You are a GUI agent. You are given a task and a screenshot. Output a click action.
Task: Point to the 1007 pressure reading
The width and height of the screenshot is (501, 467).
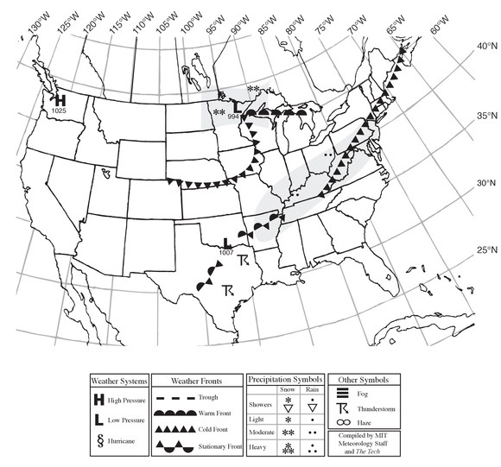[226, 252]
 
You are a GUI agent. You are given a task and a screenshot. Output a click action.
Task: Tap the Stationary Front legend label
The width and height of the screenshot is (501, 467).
[215, 445]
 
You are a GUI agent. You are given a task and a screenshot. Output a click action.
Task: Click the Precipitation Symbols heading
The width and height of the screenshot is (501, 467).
[286, 379]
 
